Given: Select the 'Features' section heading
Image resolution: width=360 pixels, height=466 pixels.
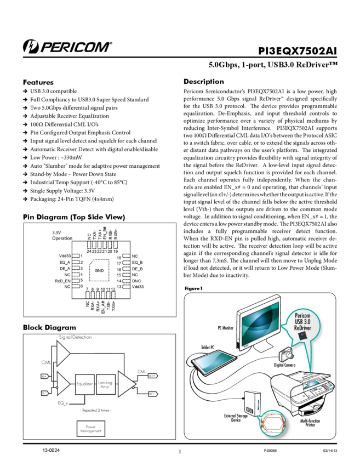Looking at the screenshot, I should point(38,82).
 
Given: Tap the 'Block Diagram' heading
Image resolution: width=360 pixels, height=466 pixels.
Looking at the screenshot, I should point(49,327).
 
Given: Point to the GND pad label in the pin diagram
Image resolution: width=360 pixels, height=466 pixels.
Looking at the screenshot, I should point(99,271).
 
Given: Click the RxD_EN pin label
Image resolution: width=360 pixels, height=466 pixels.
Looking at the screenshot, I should point(62,281).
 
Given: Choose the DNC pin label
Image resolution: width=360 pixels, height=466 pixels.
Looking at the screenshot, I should point(137,281).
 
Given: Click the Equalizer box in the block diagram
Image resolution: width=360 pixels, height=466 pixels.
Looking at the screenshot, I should point(84,384).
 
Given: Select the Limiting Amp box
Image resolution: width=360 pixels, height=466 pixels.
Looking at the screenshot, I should point(105,384).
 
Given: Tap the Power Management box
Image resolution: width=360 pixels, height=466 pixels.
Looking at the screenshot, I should point(91,429).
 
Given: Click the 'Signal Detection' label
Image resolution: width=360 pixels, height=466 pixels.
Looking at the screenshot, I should point(75,337).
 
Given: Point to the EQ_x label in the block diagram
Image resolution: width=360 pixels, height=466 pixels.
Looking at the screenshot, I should point(63,403).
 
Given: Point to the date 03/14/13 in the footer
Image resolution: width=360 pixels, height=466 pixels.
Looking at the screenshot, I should point(330,451).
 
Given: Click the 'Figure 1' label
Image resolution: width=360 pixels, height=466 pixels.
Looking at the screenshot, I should point(194,288).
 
